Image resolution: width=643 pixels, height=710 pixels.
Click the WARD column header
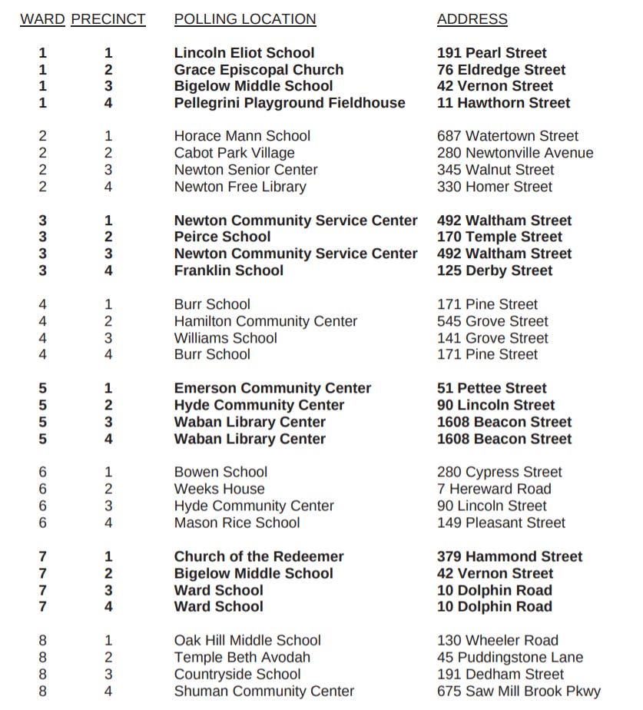click(42, 19)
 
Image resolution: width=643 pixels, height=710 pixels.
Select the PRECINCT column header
click(108, 19)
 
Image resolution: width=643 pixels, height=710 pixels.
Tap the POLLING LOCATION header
click(244, 19)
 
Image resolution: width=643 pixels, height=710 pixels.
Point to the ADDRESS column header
click(472, 19)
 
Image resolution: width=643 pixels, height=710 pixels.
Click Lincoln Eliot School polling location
click(244, 53)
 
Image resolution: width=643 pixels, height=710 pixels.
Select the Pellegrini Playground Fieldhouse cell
click(289, 103)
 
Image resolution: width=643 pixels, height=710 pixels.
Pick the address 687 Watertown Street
click(507, 136)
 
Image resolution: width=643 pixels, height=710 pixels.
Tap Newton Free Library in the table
click(240, 187)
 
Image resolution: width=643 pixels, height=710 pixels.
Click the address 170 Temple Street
click(499, 237)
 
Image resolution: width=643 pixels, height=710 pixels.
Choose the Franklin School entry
click(228, 270)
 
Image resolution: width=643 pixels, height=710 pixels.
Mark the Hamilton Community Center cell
click(265, 321)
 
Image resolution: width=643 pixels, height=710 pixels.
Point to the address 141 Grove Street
click(492, 338)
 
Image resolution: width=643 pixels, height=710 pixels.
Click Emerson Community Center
click(272, 388)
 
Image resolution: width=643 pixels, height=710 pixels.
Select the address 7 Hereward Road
click(494, 489)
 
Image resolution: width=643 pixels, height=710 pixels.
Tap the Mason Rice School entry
click(237, 523)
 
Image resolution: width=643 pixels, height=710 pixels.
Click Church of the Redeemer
click(258, 556)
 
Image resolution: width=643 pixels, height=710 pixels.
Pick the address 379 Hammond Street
click(509, 556)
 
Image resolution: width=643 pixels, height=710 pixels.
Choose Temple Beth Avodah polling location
click(242, 657)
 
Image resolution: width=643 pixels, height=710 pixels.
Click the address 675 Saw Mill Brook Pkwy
click(519, 691)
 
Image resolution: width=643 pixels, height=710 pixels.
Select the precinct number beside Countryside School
click(108, 674)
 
